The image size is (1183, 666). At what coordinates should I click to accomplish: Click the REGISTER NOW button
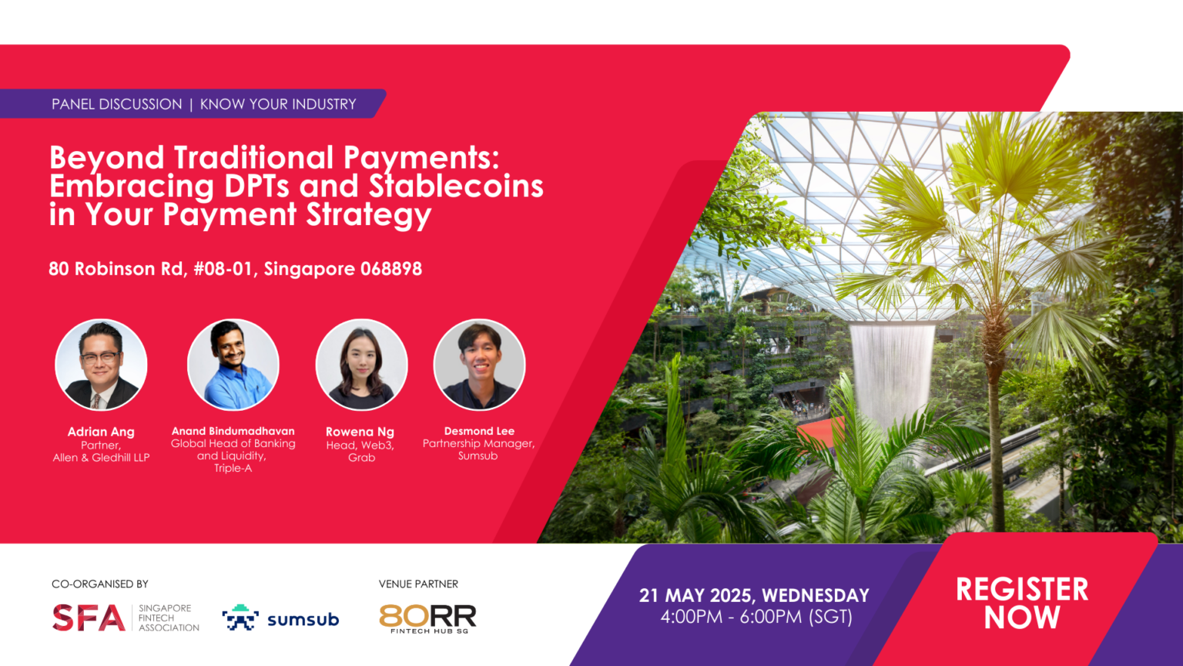[x=1021, y=603]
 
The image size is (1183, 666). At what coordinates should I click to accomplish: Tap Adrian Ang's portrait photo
[x=101, y=365]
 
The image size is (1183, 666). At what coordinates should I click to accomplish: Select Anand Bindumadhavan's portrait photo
[x=233, y=365]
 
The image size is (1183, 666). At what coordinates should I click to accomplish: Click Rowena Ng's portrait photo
[x=361, y=365]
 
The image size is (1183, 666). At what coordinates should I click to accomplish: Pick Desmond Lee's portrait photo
[x=479, y=365]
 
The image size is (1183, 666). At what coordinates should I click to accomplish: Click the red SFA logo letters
[x=89, y=618]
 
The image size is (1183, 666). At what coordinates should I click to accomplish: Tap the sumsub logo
[x=281, y=618]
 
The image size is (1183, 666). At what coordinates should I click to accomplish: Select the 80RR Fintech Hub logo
[x=427, y=618]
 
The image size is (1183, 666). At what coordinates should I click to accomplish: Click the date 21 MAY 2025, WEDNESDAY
[x=754, y=596]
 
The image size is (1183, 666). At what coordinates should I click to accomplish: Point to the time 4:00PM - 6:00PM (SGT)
[x=756, y=617]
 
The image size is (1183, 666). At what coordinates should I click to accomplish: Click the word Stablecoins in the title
[x=456, y=187]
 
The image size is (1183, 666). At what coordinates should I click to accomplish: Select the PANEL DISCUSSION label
[x=117, y=104]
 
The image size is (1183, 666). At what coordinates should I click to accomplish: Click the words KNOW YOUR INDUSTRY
[x=278, y=104]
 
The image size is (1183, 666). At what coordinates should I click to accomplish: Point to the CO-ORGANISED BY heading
[x=100, y=584]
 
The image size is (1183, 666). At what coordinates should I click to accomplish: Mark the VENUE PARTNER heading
[x=418, y=584]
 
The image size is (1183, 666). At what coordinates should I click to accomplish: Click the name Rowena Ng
[x=360, y=432]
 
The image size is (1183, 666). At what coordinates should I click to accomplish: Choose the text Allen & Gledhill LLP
[x=101, y=458]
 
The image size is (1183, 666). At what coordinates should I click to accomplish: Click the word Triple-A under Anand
[x=233, y=469]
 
